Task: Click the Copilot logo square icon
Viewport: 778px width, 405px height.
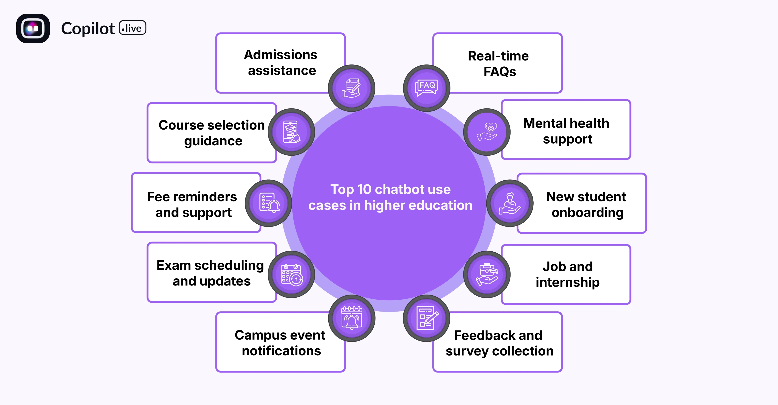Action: (33, 28)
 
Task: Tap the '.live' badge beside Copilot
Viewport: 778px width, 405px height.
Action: (133, 28)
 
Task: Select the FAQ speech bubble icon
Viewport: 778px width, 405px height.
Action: (426, 88)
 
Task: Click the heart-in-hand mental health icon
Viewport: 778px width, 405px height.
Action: (487, 132)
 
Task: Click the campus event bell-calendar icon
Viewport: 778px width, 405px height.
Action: (352, 318)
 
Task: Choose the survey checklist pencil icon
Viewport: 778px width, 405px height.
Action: (426, 318)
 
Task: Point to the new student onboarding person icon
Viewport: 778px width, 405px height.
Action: (510, 203)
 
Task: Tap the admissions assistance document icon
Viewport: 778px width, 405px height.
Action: (352, 88)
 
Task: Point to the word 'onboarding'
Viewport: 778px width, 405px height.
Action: (587, 213)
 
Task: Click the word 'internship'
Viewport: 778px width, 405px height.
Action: (567, 282)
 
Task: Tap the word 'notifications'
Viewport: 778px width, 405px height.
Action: (281, 351)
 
